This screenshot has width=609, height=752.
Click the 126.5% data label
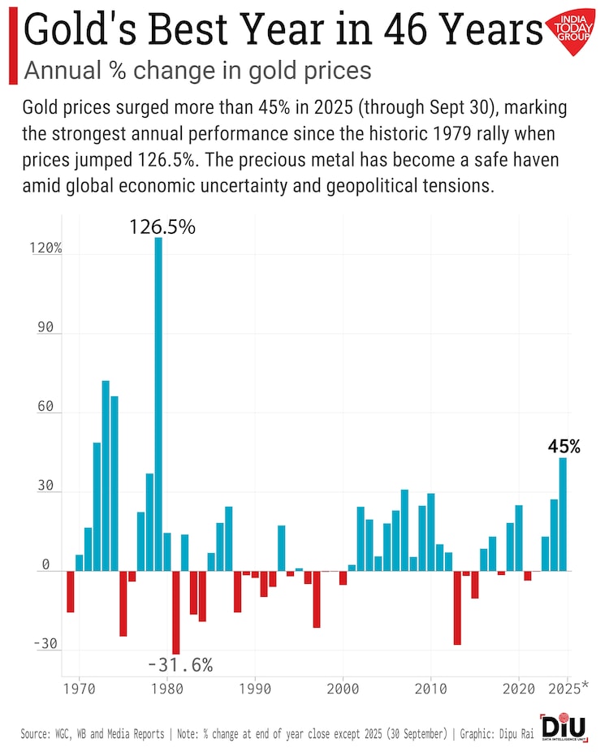(162, 227)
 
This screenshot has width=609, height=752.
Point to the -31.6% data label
(180, 665)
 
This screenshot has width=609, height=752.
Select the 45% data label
(563, 447)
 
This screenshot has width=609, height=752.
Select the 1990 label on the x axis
(255, 688)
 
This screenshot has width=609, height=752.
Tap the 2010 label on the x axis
(430, 688)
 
